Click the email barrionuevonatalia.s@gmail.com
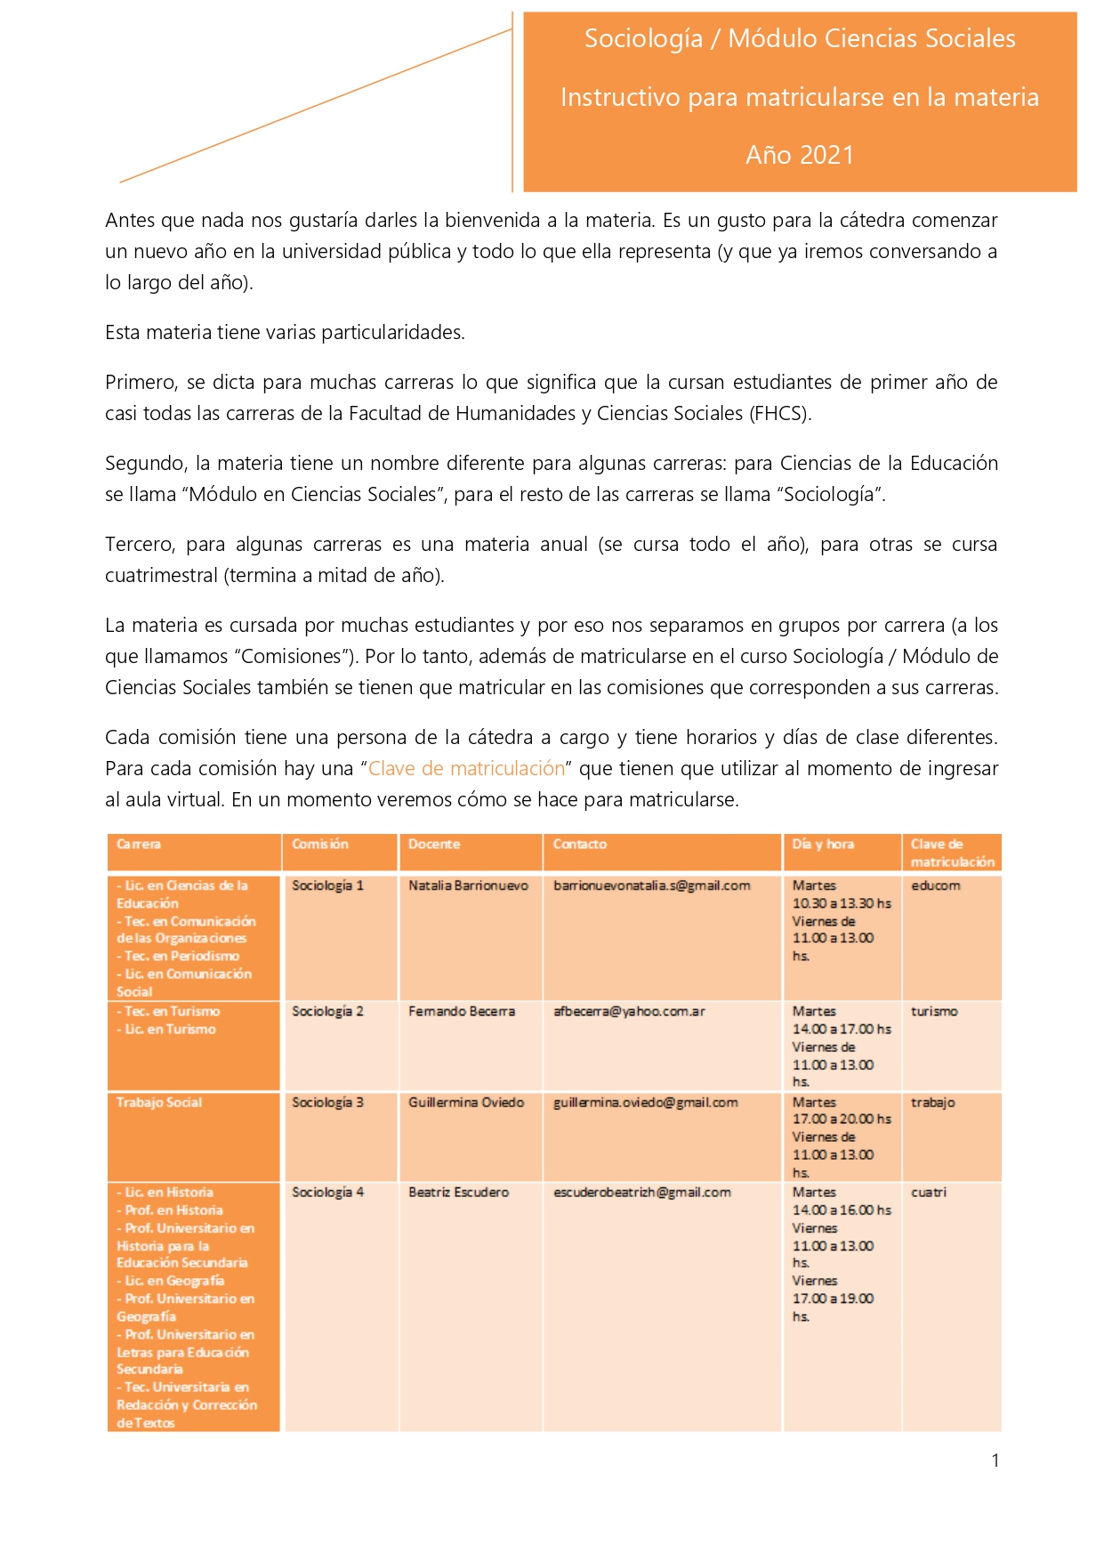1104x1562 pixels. pyautogui.click(x=651, y=886)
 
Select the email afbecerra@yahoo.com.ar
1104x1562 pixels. pyautogui.click(x=629, y=1011)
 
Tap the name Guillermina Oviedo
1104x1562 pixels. pyautogui.click(x=466, y=1102)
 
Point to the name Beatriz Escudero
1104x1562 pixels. pyautogui.click(x=458, y=1192)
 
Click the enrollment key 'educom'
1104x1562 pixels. pyautogui.click(x=935, y=886)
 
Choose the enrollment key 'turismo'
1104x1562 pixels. pyautogui.click(x=934, y=1011)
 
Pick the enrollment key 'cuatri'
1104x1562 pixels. pyautogui.click(x=929, y=1192)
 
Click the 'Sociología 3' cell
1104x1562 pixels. pyautogui.click(x=327, y=1102)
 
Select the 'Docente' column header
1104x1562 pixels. pyautogui.click(x=434, y=844)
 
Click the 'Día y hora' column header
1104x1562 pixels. pyautogui.click(x=823, y=844)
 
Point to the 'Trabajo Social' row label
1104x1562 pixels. pyautogui.click(x=159, y=1102)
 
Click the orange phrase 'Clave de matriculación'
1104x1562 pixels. pyautogui.click(x=467, y=768)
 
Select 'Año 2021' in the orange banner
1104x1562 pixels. pyautogui.click(x=799, y=155)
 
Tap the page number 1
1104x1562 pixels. pyautogui.click(x=995, y=1460)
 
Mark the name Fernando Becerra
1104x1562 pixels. pyautogui.click(x=462, y=1011)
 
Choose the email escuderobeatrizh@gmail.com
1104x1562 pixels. pyautogui.click(x=642, y=1192)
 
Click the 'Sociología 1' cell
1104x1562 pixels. pyautogui.click(x=327, y=886)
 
